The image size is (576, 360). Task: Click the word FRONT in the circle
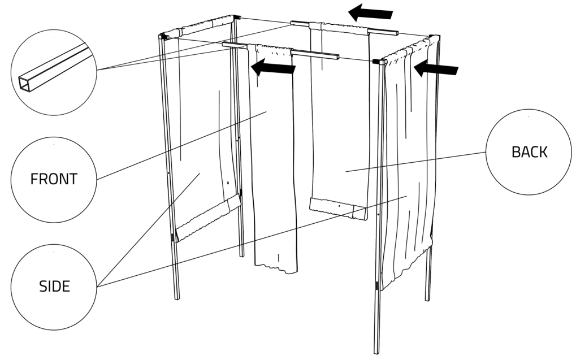[x=54, y=179]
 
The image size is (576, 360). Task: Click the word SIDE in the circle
[x=54, y=287]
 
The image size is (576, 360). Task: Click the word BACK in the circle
[x=529, y=152]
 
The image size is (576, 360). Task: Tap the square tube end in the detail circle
[x=25, y=85]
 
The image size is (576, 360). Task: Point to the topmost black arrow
[x=370, y=13]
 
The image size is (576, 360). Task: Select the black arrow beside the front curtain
[x=273, y=67]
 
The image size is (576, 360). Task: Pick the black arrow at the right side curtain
[x=436, y=68]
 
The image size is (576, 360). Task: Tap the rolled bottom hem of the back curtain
[x=339, y=209]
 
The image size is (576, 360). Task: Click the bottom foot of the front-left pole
[x=177, y=296]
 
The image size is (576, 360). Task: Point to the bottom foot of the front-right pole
[x=376, y=350]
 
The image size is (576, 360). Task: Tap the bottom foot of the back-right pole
[x=427, y=297]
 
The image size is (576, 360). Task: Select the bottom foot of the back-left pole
[x=242, y=253]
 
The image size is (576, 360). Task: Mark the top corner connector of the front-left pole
[x=163, y=36]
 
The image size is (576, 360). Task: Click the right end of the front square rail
[x=337, y=57]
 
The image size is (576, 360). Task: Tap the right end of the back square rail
[x=397, y=33]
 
